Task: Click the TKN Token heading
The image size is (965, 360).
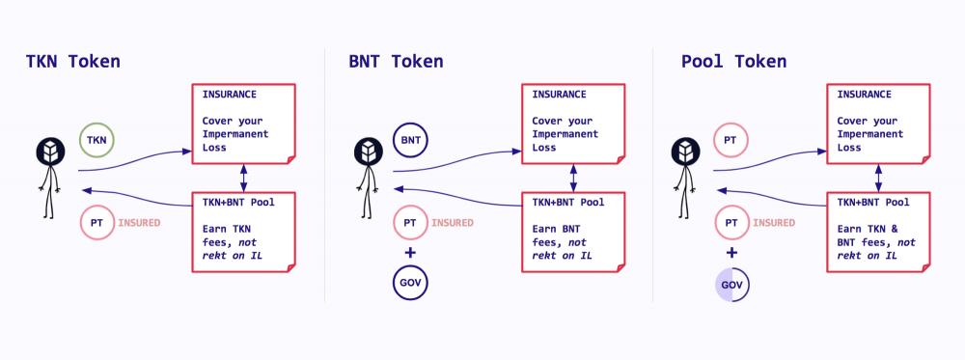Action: tap(73, 62)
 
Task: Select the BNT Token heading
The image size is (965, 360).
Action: tap(396, 62)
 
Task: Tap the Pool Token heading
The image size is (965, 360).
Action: tap(733, 62)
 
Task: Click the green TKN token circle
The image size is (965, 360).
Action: tap(96, 141)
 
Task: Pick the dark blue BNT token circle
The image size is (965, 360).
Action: tap(410, 141)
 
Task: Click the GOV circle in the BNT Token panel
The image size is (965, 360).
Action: tap(410, 284)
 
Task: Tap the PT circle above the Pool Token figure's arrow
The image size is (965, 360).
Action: tap(731, 141)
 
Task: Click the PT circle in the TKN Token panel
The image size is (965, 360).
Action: tap(96, 223)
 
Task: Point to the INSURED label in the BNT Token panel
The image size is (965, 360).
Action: tap(453, 223)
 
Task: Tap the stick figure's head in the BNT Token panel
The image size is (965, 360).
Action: tap(366, 152)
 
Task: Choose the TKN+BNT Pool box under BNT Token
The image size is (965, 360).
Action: tap(573, 232)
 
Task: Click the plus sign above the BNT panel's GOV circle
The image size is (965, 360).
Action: tap(410, 253)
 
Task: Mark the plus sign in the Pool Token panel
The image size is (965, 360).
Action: tap(731, 253)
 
